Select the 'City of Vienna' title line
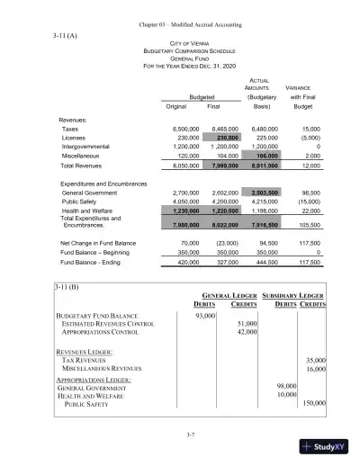180,43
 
